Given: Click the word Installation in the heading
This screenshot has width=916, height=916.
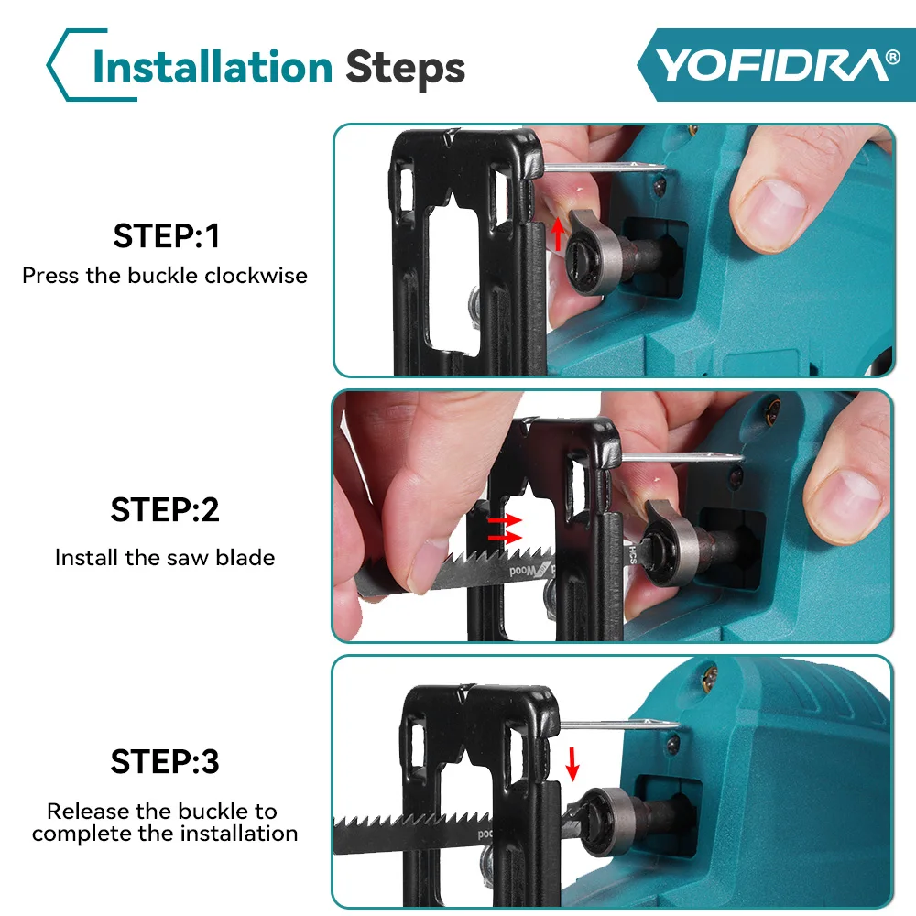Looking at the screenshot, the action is click(213, 67).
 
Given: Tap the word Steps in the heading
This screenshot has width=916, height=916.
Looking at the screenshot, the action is click(406, 69).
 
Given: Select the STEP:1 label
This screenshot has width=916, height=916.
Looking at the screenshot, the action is click(167, 236).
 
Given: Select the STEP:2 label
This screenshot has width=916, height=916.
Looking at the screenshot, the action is click(165, 510).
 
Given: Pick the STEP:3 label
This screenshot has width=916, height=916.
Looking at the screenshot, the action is click(165, 762).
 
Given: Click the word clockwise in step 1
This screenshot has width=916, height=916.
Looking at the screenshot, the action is click(256, 276).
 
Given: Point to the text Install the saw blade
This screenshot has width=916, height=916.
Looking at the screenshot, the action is click(165, 558).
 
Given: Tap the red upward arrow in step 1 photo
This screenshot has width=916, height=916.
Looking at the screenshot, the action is click(558, 234).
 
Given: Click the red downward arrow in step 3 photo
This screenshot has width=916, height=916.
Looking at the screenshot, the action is click(572, 764).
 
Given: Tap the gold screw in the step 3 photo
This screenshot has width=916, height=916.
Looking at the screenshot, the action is click(709, 677).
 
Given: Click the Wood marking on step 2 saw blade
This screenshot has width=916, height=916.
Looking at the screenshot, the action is click(523, 570).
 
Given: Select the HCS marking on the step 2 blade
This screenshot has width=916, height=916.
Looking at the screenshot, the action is click(633, 554).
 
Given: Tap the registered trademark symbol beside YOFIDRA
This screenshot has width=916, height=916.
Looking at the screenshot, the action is click(892, 57).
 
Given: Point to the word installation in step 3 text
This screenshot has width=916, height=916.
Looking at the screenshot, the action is click(239, 834).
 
